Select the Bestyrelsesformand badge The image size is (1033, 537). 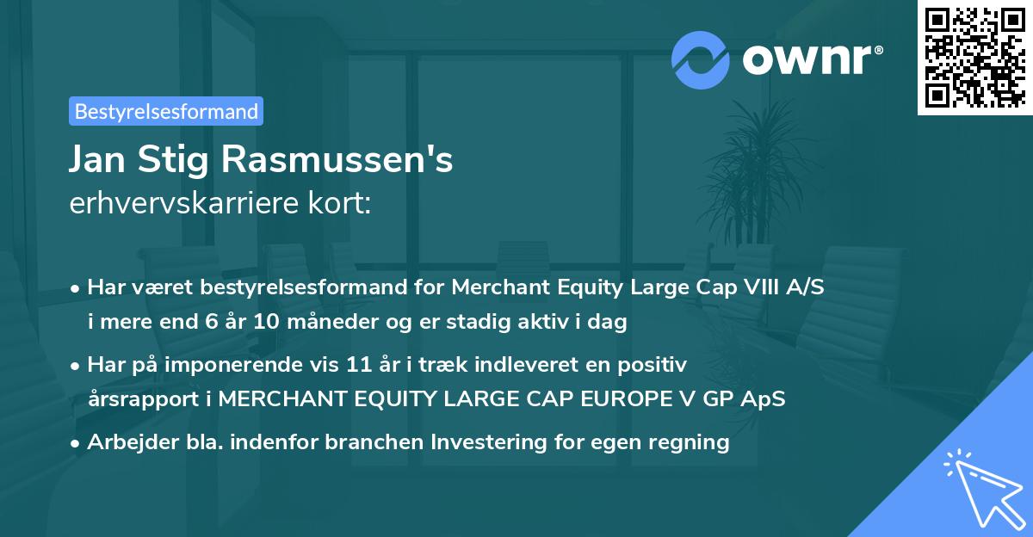point(166,111)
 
